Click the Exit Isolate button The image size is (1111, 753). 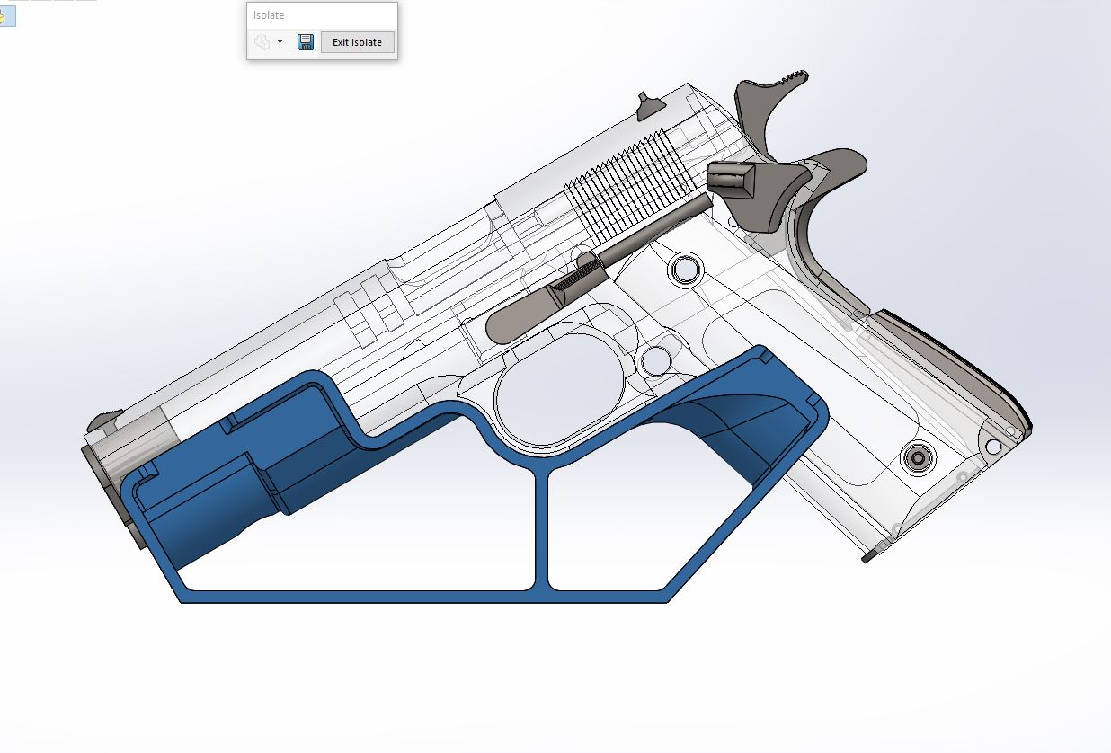point(358,42)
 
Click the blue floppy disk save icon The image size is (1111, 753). point(306,42)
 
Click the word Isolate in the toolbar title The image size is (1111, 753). point(269,15)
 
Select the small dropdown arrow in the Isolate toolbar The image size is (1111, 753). point(280,42)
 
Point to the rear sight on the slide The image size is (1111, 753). point(649,106)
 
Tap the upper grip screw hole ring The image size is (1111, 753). point(686,270)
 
